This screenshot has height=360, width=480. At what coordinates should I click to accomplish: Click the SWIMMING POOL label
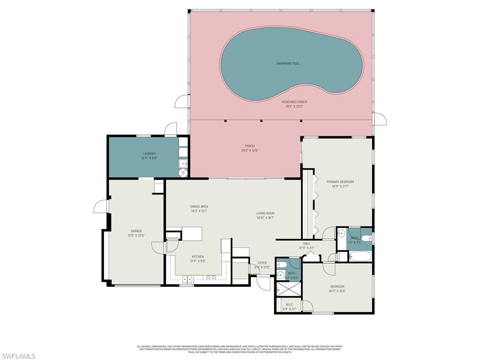point(287,63)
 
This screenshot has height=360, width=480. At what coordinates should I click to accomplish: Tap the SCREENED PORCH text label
point(294,102)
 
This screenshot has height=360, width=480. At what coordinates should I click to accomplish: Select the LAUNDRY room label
point(149,154)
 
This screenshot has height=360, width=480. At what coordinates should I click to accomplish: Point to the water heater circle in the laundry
point(183,173)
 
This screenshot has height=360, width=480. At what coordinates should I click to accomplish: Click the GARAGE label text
point(136,231)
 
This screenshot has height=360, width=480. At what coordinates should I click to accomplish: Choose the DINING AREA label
point(199,206)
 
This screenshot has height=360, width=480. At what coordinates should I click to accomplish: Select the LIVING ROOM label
point(265,213)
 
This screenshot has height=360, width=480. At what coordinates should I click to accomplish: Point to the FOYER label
point(262,263)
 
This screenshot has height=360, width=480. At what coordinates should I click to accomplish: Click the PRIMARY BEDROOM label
point(340,182)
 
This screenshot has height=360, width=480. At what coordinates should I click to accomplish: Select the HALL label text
point(307,244)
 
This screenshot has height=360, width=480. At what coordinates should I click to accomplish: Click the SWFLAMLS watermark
point(18,356)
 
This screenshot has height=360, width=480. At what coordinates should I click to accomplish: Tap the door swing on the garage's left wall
point(100,206)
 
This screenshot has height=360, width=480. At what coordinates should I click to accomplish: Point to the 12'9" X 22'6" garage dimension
point(136,235)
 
